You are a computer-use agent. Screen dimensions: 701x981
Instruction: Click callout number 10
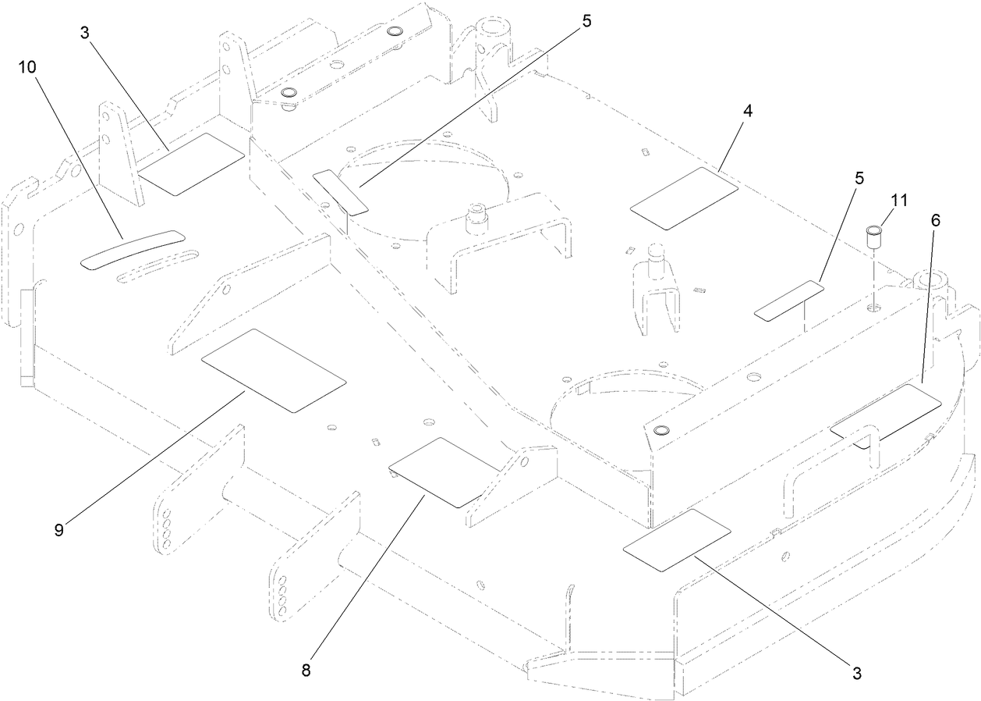tap(27, 67)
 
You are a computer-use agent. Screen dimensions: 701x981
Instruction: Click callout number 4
tap(748, 111)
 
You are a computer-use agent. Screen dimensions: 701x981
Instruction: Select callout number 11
tap(899, 200)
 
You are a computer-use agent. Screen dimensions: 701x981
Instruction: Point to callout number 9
tap(59, 528)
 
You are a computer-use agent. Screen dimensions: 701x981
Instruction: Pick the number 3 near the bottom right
tap(857, 671)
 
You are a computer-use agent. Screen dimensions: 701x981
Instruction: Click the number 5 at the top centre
tap(586, 21)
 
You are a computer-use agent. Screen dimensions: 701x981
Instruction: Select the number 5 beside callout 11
tap(859, 178)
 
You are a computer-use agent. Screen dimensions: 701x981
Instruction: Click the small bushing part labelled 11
tap(875, 236)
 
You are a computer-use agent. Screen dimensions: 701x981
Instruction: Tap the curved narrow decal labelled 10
tap(133, 250)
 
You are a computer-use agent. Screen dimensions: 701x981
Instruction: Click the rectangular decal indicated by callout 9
tap(273, 370)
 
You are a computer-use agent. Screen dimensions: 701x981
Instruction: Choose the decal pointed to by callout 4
tap(684, 198)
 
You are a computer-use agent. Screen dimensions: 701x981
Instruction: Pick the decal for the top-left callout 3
tap(192, 164)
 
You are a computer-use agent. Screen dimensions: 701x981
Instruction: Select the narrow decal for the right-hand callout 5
tap(789, 301)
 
